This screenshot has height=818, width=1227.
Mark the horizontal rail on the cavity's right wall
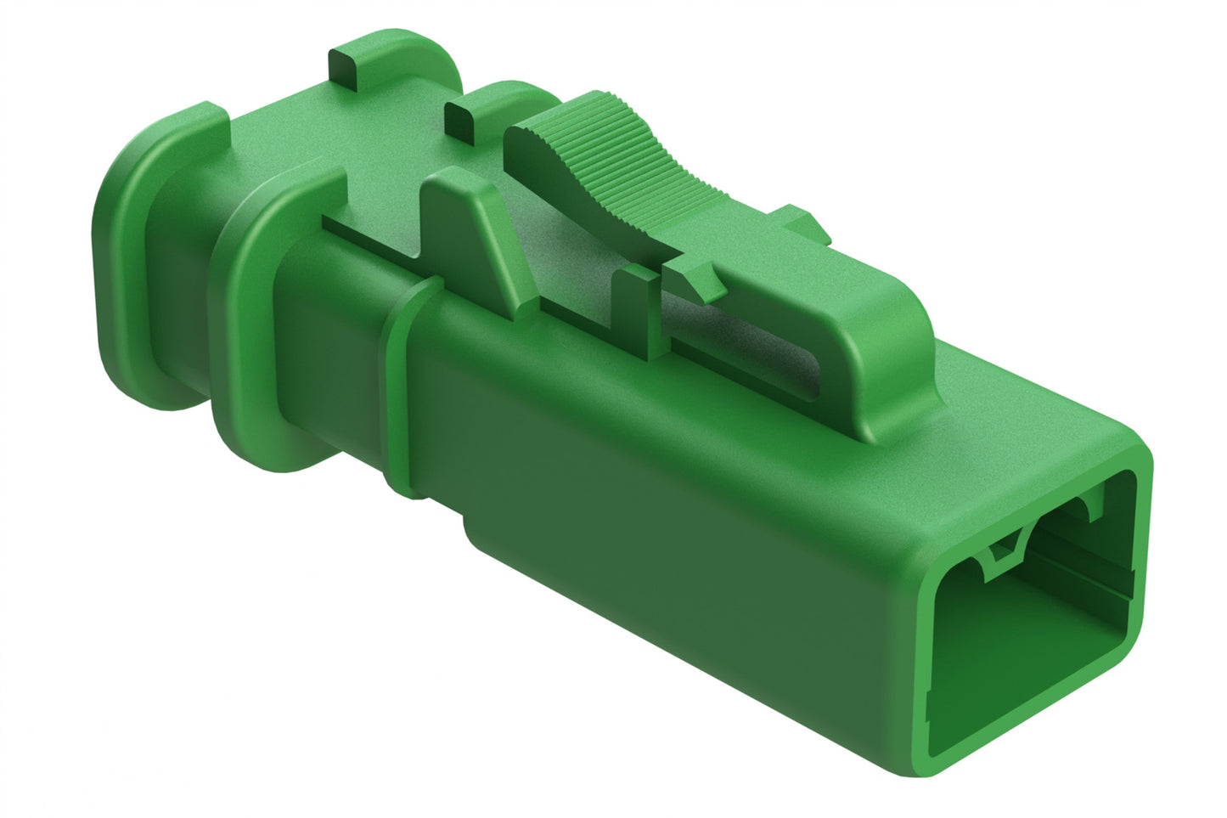[1095, 578]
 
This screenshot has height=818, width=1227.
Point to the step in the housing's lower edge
[467, 527]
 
